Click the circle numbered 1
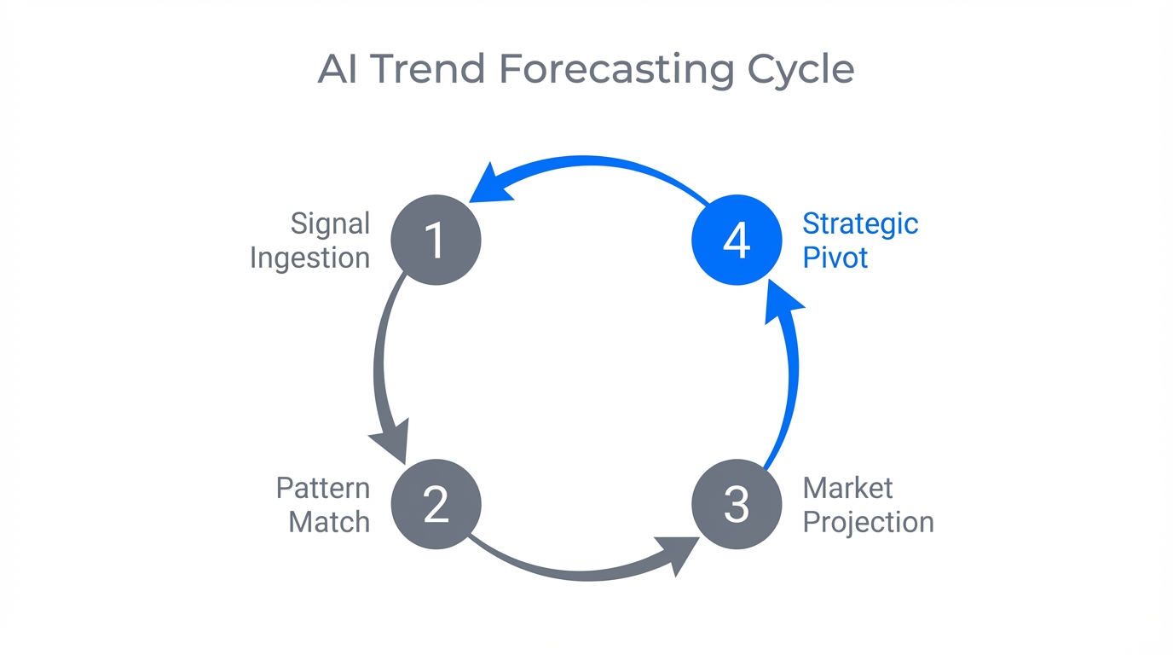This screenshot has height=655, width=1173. click(x=436, y=240)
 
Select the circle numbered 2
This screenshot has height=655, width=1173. click(x=436, y=504)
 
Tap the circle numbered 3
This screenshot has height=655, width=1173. click(x=737, y=504)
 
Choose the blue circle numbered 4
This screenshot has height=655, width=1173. click(x=737, y=240)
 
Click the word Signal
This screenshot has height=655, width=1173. click(x=330, y=223)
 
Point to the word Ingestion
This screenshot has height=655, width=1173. click(x=310, y=258)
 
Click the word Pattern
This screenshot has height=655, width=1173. click(x=323, y=488)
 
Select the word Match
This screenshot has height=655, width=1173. click(x=329, y=521)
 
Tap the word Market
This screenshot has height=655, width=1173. click(x=848, y=488)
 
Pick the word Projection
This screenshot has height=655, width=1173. click(x=868, y=521)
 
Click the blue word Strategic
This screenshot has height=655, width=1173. click(x=860, y=223)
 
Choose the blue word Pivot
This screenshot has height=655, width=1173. click(x=835, y=258)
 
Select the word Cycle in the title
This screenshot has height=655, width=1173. click(x=801, y=69)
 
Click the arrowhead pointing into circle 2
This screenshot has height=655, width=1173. click(x=392, y=441)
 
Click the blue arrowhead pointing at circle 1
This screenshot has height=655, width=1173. click(x=492, y=184)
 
